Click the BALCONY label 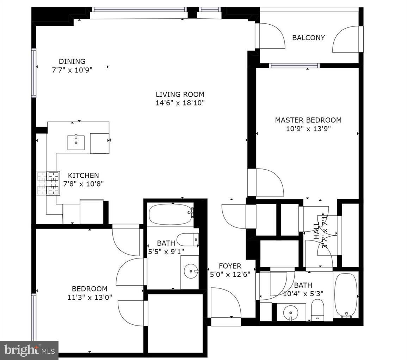pyautogui.click(x=308, y=38)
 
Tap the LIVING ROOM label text pyautogui.click(x=180, y=94)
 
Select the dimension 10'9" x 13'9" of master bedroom pyautogui.click(x=308, y=129)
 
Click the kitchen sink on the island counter pyautogui.click(x=76, y=142)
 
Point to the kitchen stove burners pyautogui.click(x=49, y=183)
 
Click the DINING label pyautogui.click(x=72, y=62)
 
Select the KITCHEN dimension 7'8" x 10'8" pyautogui.click(x=84, y=184)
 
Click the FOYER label pyautogui.click(x=230, y=266)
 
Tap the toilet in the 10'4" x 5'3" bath pyautogui.click(x=317, y=310)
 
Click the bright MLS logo pyautogui.click(x=29, y=350)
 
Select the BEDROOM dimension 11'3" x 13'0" pyautogui.click(x=90, y=297)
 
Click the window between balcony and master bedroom pyautogui.click(x=294, y=65)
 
